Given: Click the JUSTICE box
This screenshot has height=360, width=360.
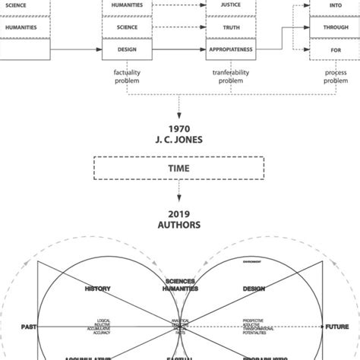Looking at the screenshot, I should pyautogui.click(x=230, y=5).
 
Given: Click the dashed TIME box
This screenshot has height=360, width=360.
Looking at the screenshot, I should pyautogui.click(x=179, y=166).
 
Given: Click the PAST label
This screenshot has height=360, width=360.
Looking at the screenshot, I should pyautogui.click(x=30, y=327).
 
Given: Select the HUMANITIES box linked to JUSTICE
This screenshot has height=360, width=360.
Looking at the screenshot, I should pyautogui.click(x=128, y=5).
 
